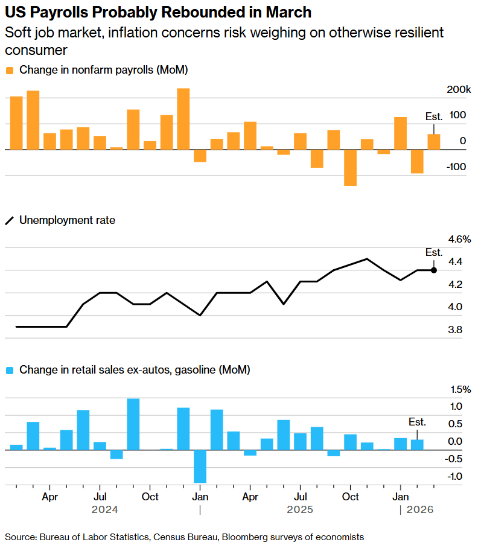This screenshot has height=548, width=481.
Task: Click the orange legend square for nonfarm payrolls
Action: click(x=10, y=70)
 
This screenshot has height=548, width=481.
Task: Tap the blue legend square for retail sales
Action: click(x=10, y=369)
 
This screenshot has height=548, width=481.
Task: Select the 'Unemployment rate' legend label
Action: click(x=67, y=220)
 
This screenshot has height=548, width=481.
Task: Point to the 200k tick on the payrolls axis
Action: click(x=458, y=89)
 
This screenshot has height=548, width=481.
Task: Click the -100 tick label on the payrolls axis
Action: click(x=457, y=167)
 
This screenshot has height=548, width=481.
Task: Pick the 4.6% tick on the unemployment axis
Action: click(x=459, y=240)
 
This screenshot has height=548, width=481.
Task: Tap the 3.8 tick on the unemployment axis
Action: click(x=455, y=330)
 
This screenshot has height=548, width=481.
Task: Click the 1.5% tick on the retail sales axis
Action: click(x=459, y=389)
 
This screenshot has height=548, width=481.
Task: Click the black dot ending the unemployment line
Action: click(x=434, y=270)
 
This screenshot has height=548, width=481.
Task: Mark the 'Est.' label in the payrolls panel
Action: click(x=434, y=116)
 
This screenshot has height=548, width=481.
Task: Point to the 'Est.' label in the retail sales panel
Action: click(x=417, y=422)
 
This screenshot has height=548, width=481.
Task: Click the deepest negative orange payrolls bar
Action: click(x=350, y=167)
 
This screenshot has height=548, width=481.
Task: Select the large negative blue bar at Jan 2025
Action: click(x=200, y=466)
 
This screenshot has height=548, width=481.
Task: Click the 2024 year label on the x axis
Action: click(x=105, y=510)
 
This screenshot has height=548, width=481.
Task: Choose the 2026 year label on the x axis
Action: click(x=420, y=510)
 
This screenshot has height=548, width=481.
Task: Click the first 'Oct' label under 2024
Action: click(x=150, y=497)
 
